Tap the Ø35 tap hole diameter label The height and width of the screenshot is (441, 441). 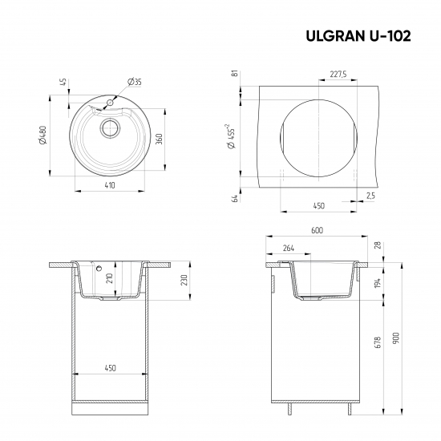tap(135, 82)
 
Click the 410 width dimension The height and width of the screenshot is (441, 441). tap(110, 185)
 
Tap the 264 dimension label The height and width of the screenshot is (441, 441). tap(287, 249)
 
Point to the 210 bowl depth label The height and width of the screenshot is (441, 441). tap(109, 280)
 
